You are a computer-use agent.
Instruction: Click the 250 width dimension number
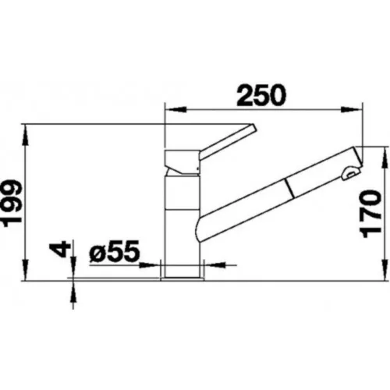pos(261,95)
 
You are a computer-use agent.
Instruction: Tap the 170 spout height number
pos(371,214)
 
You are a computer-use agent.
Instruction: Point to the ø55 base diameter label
pos(114,251)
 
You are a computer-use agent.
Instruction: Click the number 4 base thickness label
pos(59,250)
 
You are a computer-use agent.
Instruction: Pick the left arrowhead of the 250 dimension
pos(176,110)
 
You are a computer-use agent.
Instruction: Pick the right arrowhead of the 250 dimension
pos(352,110)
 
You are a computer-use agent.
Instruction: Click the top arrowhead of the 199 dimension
pos(25,135)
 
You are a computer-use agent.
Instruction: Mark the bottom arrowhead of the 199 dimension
pos(25,270)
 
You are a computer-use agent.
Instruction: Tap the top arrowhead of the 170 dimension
pos(385,158)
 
